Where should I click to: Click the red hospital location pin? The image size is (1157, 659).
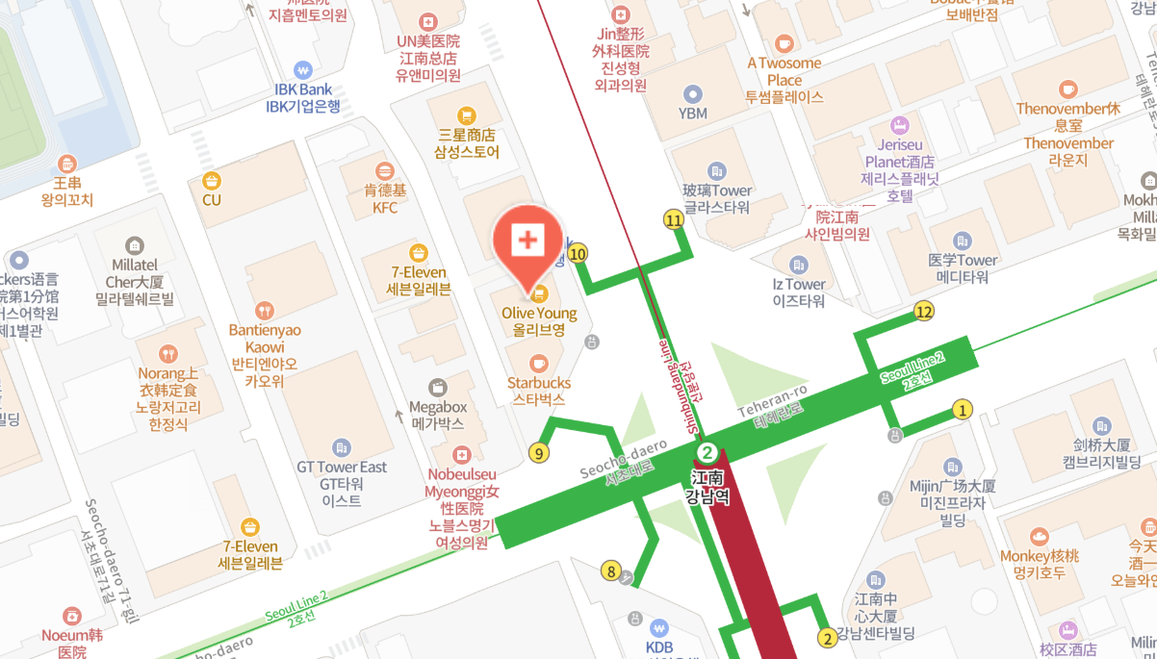(527, 241)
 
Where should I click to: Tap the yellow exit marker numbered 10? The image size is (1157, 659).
(578, 254)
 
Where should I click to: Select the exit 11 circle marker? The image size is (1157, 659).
(674, 220)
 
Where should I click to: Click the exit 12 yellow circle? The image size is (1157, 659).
(924, 311)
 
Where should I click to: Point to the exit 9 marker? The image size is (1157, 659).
(539, 453)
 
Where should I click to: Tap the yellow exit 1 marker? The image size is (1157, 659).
(961, 410)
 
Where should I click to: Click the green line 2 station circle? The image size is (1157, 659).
(707, 452)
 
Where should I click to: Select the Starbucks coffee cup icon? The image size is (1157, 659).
(539, 363)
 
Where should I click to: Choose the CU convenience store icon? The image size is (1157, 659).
(212, 180)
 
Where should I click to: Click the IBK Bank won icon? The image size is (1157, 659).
(304, 69)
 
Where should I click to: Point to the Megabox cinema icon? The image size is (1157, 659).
(437, 387)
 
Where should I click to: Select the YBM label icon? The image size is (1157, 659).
(692, 93)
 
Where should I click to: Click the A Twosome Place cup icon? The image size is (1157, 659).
(784, 42)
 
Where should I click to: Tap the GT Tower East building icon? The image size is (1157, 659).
(341, 447)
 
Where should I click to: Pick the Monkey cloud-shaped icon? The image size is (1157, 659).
(1039, 536)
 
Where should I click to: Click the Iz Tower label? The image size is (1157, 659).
(799, 292)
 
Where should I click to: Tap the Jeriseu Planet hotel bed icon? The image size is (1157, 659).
(899, 125)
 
